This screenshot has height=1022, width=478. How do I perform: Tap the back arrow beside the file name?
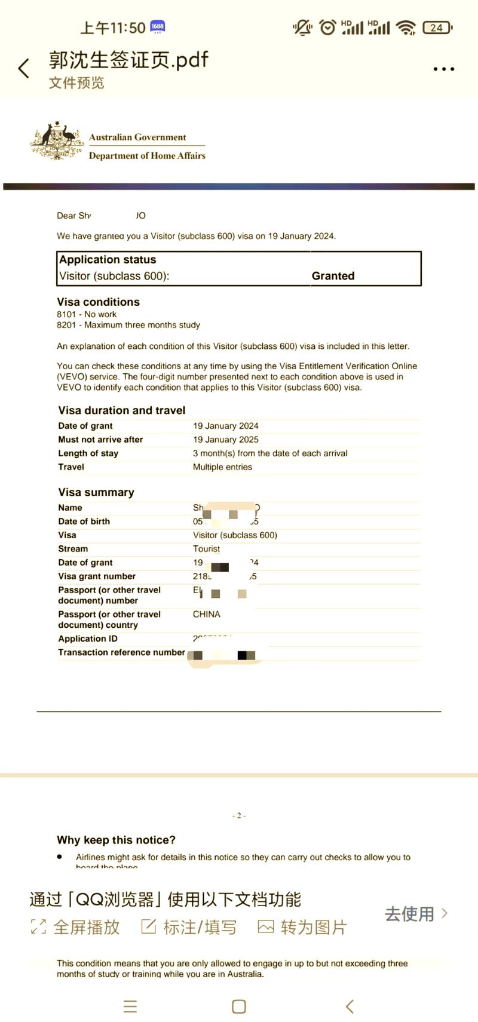(x=24, y=69)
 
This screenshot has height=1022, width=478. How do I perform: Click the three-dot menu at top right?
(x=443, y=69)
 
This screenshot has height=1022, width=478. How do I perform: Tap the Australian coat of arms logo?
(x=56, y=141)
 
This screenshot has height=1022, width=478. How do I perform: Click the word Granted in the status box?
(x=333, y=276)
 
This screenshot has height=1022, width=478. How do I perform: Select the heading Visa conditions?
(x=98, y=302)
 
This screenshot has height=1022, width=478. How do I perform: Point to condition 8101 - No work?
(x=87, y=314)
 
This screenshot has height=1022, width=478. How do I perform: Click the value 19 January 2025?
(x=225, y=440)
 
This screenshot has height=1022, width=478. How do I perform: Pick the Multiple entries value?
(x=222, y=467)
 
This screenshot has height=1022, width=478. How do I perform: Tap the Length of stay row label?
(x=88, y=453)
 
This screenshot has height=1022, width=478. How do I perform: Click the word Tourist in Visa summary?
(x=206, y=549)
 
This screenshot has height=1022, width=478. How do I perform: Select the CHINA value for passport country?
(x=206, y=614)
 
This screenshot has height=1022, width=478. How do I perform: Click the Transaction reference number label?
(x=121, y=652)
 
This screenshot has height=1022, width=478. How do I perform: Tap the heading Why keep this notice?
(x=116, y=840)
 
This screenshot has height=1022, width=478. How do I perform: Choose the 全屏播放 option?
(x=75, y=927)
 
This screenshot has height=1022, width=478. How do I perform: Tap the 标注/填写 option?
(x=189, y=927)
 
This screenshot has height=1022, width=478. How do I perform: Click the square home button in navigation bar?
(x=238, y=1006)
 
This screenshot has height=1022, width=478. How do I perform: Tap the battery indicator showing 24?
(x=437, y=27)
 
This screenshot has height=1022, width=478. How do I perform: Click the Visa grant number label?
(x=97, y=576)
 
